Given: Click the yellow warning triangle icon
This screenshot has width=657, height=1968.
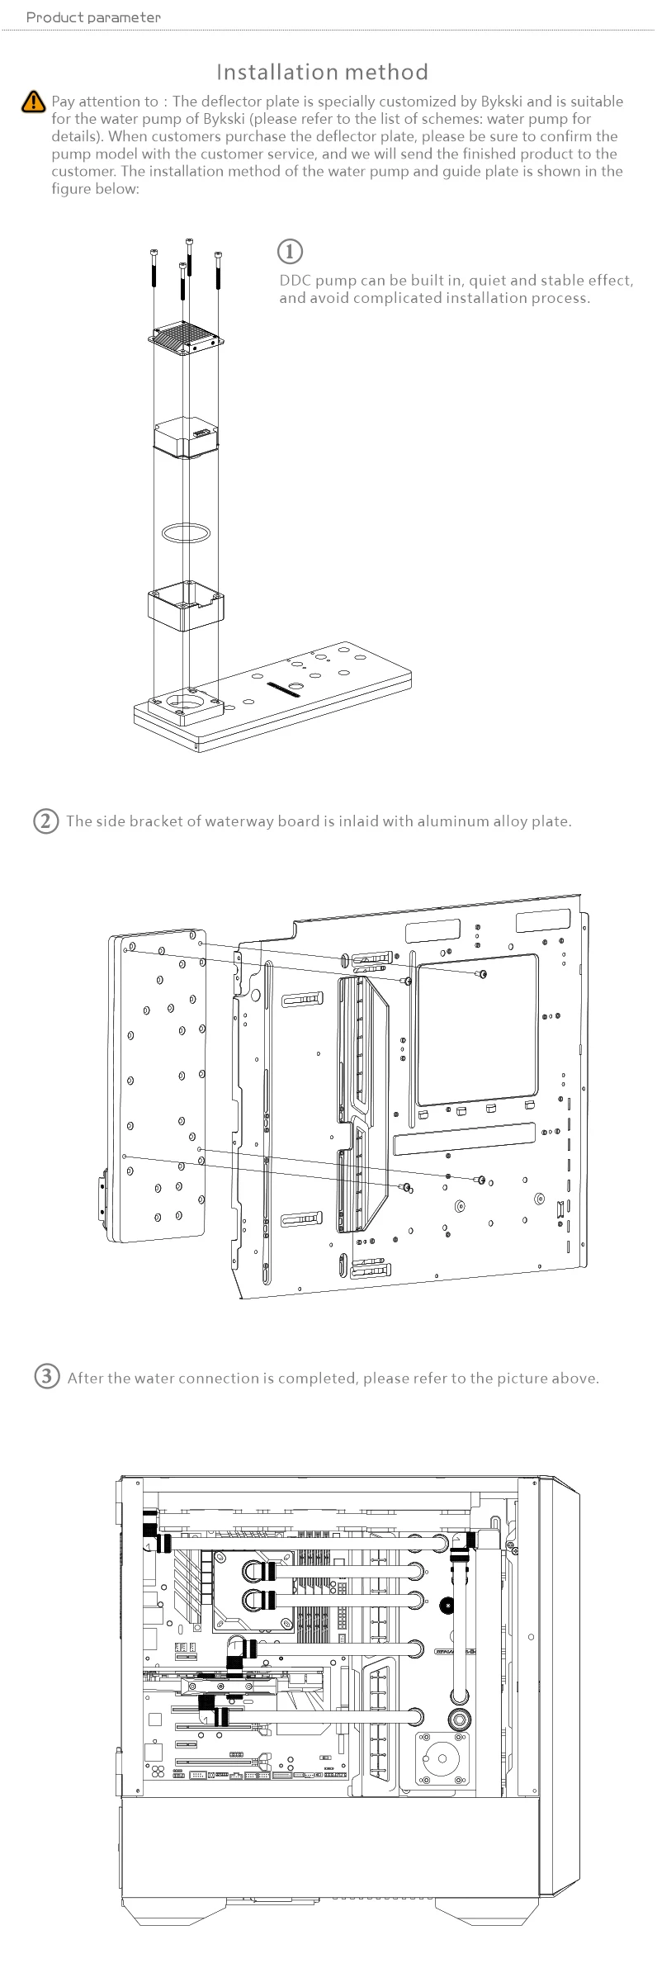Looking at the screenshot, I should pyautogui.click(x=32, y=102).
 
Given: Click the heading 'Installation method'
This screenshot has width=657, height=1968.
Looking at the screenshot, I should pyautogui.click(x=322, y=72).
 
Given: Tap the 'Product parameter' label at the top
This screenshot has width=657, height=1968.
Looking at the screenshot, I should pyautogui.click(x=93, y=17).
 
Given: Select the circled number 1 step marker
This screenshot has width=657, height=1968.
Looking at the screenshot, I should pyautogui.click(x=289, y=251).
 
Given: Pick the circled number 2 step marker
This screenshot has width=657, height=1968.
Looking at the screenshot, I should pyautogui.click(x=46, y=821).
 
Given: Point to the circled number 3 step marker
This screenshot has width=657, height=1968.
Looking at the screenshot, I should pyautogui.click(x=47, y=1376).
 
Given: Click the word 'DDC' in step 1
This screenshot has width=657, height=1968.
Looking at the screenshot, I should pyautogui.click(x=295, y=281).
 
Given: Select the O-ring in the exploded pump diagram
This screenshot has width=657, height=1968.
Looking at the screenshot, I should pyautogui.click(x=189, y=532).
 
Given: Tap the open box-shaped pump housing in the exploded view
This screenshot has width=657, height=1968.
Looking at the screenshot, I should pyautogui.click(x=187, y=605).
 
